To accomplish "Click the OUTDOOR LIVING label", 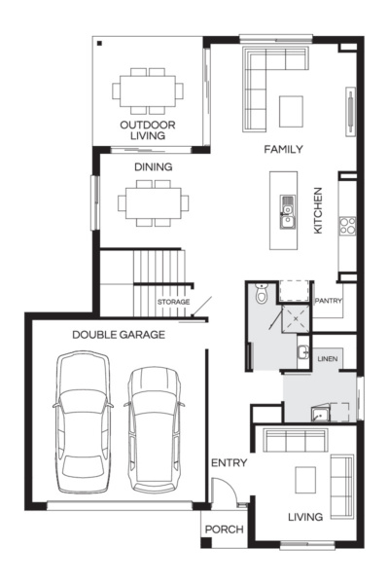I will point(148,131).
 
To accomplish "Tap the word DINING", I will point(154,167).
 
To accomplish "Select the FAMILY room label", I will point(284,150).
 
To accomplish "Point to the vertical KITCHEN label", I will point(318,210).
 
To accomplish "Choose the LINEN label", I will point(328,359).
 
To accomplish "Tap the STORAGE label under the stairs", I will point(173,303).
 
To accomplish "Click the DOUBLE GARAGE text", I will point(118,335).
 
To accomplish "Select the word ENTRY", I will point(229,462).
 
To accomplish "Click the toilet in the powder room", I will point(261,295).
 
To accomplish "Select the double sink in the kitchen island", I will point(288,210).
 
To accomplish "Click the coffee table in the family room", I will point(292,110).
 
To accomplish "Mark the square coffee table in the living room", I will point(306,480).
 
